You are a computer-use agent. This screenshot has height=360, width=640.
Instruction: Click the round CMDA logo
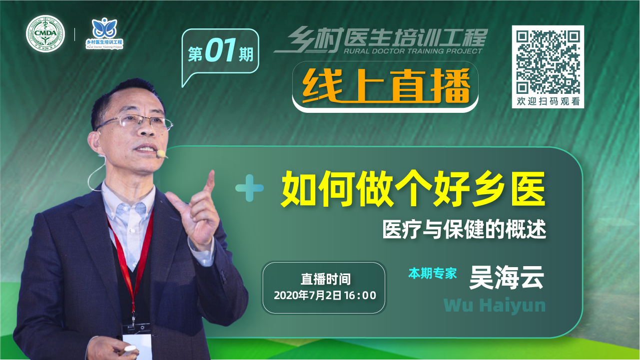click(45, 33)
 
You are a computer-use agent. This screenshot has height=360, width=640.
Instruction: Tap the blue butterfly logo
click(104, 28)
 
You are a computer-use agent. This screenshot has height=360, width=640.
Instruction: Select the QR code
click(548, 62)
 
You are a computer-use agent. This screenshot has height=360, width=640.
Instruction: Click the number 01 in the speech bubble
click(220, 50)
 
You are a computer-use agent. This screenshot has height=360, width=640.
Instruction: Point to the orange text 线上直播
click(386, 86)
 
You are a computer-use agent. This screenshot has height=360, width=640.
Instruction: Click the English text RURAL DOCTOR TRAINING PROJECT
click(413, 51)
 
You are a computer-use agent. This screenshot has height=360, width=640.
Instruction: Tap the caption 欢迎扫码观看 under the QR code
click(548, 101)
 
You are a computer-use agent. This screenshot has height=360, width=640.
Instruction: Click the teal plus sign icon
click(249, 188)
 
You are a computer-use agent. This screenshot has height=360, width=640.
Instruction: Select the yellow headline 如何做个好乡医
click(413, 189)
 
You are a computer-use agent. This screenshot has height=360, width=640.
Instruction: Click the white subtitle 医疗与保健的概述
click(464, 229)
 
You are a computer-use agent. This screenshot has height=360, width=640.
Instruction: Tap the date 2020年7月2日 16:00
click(325, 296)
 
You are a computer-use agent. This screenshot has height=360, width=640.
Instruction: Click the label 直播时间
click(325, 279)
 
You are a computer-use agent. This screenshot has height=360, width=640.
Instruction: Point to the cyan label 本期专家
click(432, 274)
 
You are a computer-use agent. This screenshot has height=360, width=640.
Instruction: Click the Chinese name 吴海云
click(507, 277)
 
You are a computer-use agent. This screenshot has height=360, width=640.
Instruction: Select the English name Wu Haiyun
click(495, 306)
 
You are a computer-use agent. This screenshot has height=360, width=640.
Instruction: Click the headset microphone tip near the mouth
click(161, 154)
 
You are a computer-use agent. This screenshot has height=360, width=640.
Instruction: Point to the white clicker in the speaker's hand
click(130, 349)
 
